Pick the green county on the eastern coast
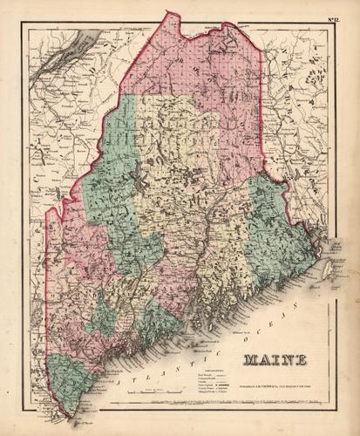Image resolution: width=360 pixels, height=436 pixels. tap(275, 227)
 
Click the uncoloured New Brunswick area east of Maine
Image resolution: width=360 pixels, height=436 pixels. tap(305, 131)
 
